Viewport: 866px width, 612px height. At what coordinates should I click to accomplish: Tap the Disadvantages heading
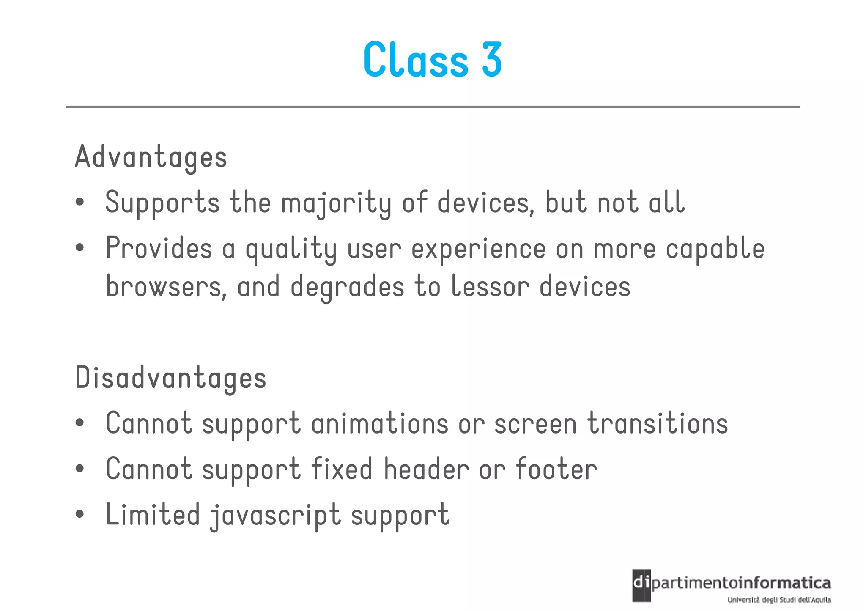[170, 378]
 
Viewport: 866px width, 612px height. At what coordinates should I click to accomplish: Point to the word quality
[291, 249]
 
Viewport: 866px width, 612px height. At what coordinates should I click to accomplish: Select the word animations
[380, 423]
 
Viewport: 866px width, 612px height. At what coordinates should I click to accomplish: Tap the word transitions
[658, 423]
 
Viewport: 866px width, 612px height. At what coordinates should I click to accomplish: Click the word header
[426, 469]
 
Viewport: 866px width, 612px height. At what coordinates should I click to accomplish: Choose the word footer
[556, 469]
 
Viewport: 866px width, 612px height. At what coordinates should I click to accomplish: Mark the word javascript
[275, 516]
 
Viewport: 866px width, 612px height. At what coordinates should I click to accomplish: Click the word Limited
[153, 515]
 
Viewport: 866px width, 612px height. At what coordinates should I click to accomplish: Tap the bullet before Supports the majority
[79, 202]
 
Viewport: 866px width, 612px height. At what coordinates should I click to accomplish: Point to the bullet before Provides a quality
[79, 248]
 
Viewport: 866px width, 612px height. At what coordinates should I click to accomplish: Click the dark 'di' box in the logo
[641, 585]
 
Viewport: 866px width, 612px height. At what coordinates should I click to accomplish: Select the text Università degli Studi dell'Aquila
[779, 600]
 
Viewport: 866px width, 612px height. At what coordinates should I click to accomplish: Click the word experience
[478, 249]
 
